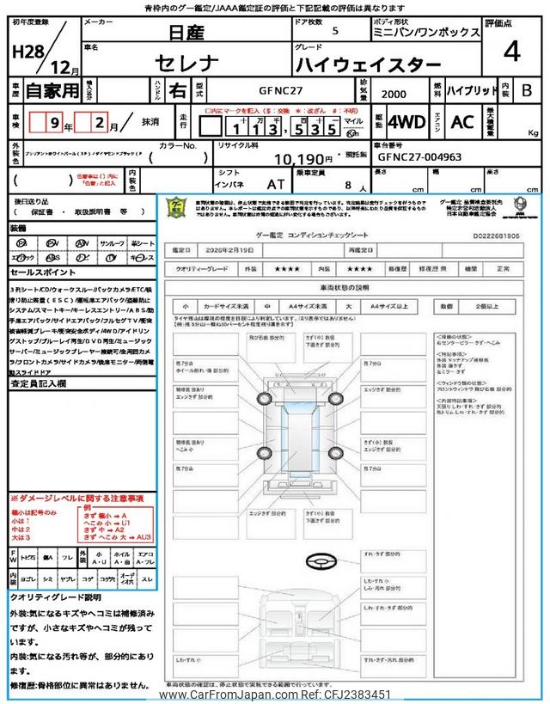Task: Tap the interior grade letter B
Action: tap(527, 89)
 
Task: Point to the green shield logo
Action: tap(177, 209)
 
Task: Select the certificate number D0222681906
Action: tap(497, 233)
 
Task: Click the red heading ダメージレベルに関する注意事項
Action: tap(77, 498)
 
